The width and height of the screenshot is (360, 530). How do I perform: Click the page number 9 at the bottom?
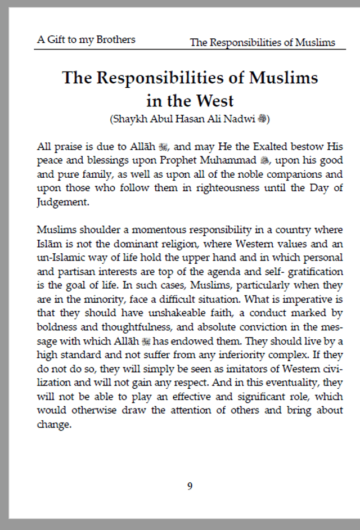190,486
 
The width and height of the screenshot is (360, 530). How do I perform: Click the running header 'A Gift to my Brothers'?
86,39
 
